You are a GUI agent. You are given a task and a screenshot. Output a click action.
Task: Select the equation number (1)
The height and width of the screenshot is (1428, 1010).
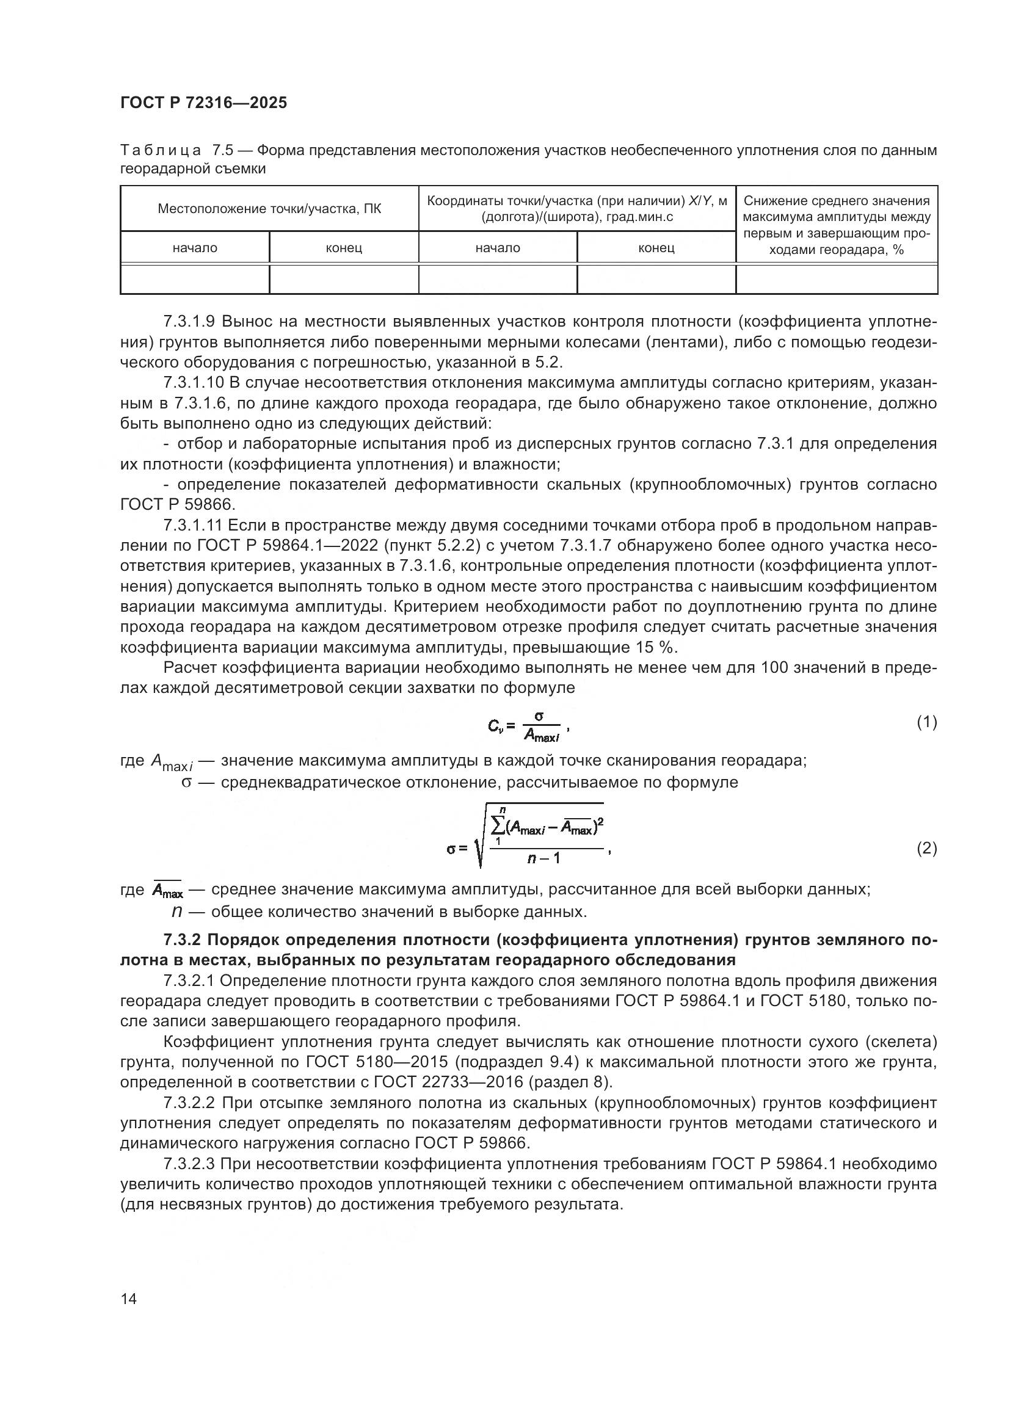[927, 722]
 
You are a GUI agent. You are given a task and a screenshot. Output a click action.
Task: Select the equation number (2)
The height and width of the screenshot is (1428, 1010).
[927, 849]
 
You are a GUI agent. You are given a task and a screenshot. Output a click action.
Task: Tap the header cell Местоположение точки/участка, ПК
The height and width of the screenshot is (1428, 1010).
[269, 209]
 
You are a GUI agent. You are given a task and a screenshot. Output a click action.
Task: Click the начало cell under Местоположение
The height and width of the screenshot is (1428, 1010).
[195, 248]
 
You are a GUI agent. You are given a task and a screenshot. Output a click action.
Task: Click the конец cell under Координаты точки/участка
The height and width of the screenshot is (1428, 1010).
[656, 248]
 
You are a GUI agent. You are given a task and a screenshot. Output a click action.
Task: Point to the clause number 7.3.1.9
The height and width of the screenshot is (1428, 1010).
[189, 322]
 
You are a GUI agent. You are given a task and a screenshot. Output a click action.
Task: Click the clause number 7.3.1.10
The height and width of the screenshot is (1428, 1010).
[193, 383]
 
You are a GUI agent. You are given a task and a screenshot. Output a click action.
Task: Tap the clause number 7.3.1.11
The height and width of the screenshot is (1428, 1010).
[193, 526]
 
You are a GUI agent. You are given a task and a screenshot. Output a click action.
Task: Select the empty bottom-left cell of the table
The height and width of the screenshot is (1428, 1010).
[195, 279]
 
